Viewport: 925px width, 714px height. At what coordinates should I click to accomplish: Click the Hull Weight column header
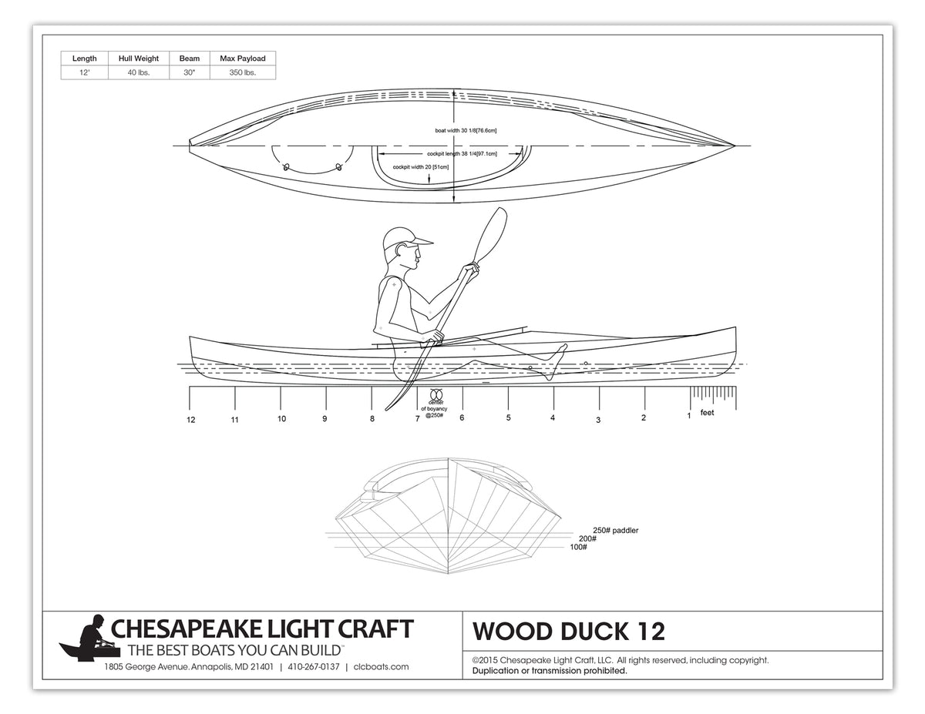(139, 59)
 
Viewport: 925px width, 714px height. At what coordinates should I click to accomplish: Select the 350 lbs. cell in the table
(242, 72)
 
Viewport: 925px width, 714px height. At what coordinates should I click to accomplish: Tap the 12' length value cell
(84, 72)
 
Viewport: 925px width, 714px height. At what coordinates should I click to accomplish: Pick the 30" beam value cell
(189, 72)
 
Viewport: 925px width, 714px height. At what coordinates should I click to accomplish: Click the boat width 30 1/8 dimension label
(466, 131)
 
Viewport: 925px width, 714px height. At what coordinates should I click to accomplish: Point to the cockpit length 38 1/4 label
(462, 154)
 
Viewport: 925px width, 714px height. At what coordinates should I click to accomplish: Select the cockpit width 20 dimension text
(421, 166)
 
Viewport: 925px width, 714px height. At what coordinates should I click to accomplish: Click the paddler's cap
(405, 238)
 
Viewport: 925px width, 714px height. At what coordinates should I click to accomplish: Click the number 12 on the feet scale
(190, 420)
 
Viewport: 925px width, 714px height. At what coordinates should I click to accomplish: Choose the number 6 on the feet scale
(462, 418)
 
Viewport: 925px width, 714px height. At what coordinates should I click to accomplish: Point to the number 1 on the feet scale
(689, 416)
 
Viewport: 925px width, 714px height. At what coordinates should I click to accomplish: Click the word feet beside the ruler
(707, 413)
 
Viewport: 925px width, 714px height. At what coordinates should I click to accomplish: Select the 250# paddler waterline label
(615, 530)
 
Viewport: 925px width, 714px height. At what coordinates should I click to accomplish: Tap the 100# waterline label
(578, 547)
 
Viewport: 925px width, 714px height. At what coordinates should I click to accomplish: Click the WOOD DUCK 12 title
(568, 632)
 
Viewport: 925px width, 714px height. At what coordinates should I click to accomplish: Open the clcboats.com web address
(381, 667)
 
